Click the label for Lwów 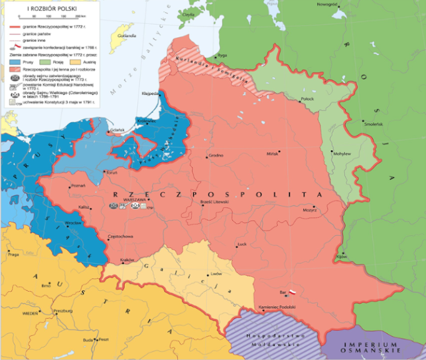[216, 274]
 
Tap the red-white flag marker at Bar [291, 291]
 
